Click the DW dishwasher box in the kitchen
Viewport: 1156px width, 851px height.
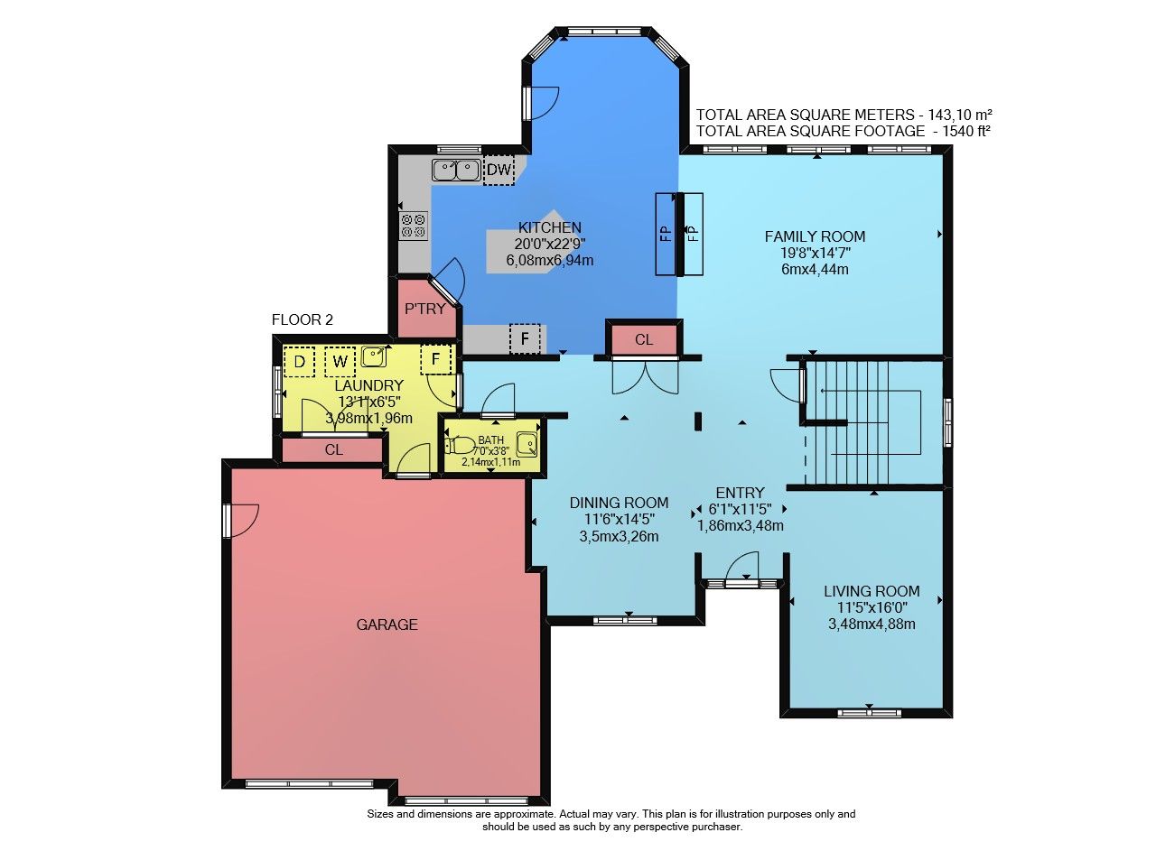[x=499, y=170]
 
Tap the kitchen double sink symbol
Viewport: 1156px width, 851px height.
[x=456, y=171]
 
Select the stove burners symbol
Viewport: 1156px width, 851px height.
[x=414, y=226]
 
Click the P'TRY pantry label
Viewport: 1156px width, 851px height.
[x=424, y=309]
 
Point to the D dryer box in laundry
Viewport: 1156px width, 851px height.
[x=299, y=362]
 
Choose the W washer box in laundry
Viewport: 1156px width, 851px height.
[x=340, y=362]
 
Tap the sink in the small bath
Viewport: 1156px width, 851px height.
[x=527, y=444]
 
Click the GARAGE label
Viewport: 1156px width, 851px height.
[x=387, y=624]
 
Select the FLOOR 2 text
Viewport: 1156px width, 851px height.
[x=303, y=319]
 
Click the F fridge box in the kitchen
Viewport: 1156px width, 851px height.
[x=525, y=338]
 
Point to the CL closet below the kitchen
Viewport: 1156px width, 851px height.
[x=644, y=340]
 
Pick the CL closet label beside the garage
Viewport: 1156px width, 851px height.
[x=333, y=450]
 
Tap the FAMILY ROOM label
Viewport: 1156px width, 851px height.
[x=815, y=236]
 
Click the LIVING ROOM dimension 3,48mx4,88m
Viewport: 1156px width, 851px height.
[x=872, y=624]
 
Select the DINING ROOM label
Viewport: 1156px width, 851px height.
[x=619, y=503]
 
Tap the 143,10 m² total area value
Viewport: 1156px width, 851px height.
[x=960, y=114]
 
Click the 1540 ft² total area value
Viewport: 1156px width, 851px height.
[x=966, y=131]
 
